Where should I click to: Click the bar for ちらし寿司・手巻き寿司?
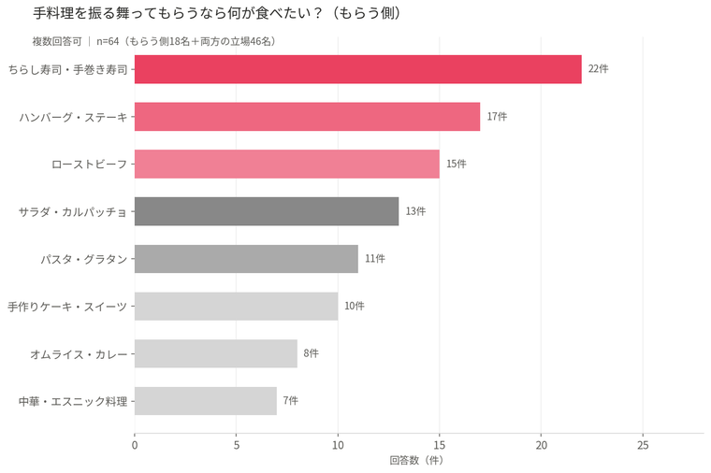(357, 69)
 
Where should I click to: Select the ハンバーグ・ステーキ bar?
(307, 117)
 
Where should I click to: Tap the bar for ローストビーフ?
(286, 164)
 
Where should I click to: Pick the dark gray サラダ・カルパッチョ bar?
(267, 211)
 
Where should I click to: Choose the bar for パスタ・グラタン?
(246, 259)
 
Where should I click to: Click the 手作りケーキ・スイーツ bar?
(236, 306)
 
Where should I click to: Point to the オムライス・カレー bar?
(215, 353)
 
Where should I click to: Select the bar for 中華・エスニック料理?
(206, 401)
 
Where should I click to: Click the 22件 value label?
(598, 69)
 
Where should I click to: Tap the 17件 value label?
(497, 117)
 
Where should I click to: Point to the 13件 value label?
(415, 211)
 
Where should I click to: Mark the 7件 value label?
(291, 401)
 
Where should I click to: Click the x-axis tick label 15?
(440, 446)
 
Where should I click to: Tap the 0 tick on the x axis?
(135, 446)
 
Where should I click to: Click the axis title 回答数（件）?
(415, 461)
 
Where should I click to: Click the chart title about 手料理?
(218, 14)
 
